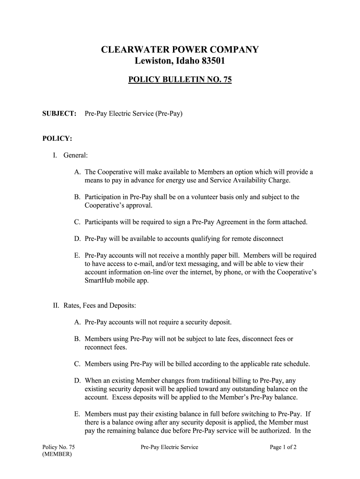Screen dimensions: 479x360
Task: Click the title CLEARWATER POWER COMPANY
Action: click(180, 50)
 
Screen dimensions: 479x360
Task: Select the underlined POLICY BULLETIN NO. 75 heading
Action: click(180, 80)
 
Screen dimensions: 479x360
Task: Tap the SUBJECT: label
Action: click(59, 114)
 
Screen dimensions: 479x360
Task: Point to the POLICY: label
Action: click(57, 138)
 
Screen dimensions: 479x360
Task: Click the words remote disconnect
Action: click(259, 239)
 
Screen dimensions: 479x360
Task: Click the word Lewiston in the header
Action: click(152, 61)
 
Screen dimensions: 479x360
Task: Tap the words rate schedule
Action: click(288, 363)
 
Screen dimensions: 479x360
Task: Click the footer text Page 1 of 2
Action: click(283, 447)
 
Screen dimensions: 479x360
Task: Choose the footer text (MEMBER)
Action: click(57, 455)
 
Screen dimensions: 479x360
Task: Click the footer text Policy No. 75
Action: click(58, 447)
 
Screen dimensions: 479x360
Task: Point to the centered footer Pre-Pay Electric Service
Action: click(169, 447)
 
